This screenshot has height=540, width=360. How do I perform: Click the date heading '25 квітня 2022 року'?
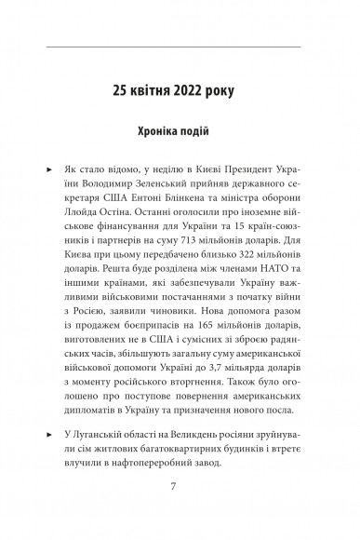pos(180,91)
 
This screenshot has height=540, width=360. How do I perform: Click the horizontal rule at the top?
pos(180,44)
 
